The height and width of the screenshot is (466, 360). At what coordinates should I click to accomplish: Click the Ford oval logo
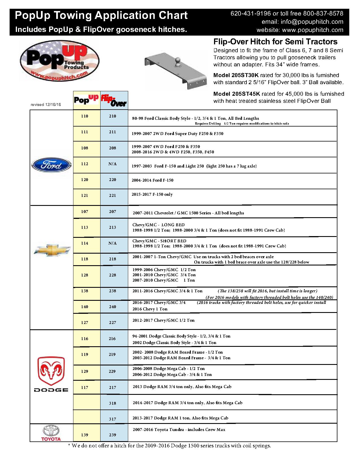[x=51, y=165]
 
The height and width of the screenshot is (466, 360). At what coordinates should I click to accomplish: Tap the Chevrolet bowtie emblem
[x=52, y=250]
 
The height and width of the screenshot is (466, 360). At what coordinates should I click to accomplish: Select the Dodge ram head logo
[x=51, y=369]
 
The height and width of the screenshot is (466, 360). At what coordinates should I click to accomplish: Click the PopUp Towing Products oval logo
[x=60, y=61]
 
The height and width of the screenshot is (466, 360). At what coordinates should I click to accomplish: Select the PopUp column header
[x=86, y=100]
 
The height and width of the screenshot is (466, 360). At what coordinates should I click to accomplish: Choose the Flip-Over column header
[x=114, y=101]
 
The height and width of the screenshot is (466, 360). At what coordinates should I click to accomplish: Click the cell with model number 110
[x=85, y=116]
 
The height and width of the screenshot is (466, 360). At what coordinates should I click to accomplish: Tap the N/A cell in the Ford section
[x=112, y=164]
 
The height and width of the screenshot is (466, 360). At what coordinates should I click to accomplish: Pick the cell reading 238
[x=112, y=291]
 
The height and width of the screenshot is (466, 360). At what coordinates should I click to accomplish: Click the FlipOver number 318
[x=112, y=403]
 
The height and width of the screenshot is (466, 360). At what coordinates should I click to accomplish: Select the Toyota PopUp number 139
[x=85, y=435]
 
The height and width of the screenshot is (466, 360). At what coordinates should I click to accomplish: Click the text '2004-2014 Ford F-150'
[x=152, y=180]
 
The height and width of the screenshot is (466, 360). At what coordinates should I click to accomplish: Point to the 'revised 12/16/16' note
[x=46, y=104]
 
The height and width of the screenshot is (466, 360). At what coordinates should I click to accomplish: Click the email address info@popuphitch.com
[x=302, y=22]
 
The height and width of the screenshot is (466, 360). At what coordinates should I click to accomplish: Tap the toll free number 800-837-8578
[x=323, y=14]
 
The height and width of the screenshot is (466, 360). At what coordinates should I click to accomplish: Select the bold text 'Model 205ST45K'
[x=236, y=94]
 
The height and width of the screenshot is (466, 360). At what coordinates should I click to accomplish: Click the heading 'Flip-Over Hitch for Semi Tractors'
[x=275, y=42]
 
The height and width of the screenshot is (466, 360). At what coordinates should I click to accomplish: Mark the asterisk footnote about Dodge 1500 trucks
[x=170, y=446]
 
